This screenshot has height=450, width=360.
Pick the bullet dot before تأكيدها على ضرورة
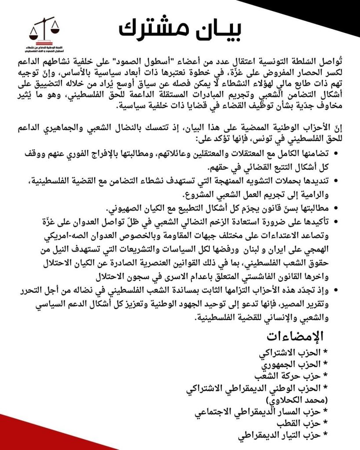336,221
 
